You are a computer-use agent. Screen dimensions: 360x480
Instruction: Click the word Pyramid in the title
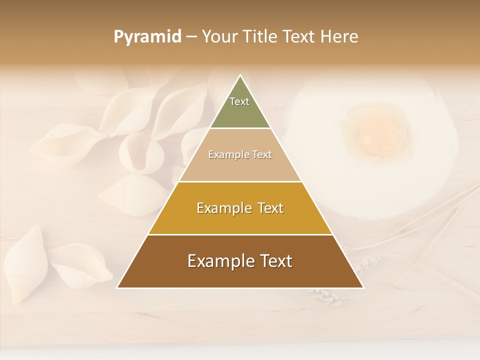(x=147, y=37)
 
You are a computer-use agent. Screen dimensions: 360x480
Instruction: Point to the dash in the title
(x=191, y=37)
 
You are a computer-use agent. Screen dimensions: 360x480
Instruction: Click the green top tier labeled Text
(x=240, y=107)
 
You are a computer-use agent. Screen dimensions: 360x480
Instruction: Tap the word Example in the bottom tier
(x=218, y=261)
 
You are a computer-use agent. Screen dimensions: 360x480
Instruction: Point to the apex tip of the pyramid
(x=240, y=76)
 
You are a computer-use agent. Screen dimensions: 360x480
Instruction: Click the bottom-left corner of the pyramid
(x=118, y=287)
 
